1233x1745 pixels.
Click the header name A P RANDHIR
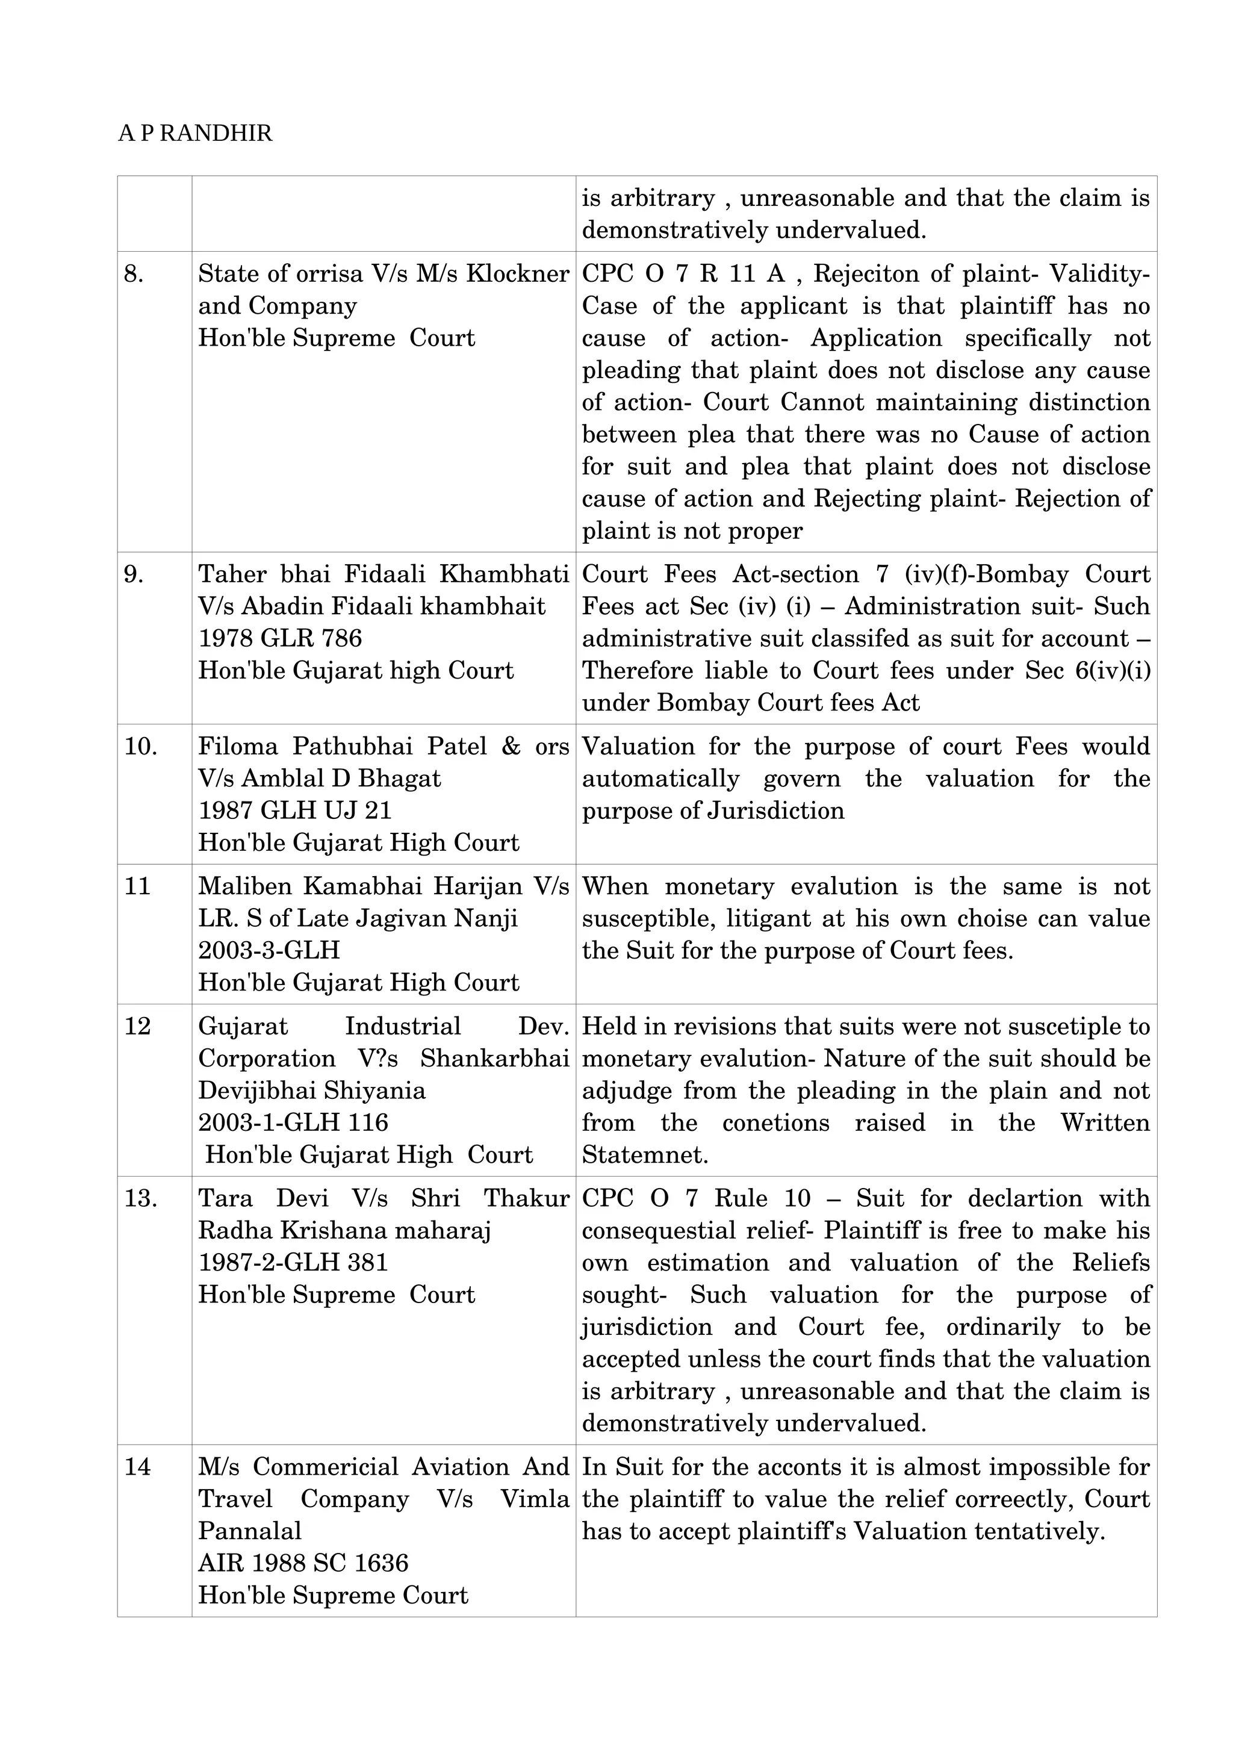pos(194,134)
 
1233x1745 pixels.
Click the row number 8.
pos(134,273)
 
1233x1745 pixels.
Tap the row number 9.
pos(134,574)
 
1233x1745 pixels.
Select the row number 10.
pos(140,746)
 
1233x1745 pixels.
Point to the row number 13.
pos(140,1198)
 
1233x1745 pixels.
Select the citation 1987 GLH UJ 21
pos(295,810)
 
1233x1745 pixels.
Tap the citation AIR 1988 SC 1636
pos(303,1563)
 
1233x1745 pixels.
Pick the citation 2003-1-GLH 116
pos(293,1122)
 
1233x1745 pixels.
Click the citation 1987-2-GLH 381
pos(293,1263)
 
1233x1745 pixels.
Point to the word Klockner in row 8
pos(517,273)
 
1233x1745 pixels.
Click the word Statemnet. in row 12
pos(645,1156)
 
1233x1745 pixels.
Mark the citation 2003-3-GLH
pos(269,950)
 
